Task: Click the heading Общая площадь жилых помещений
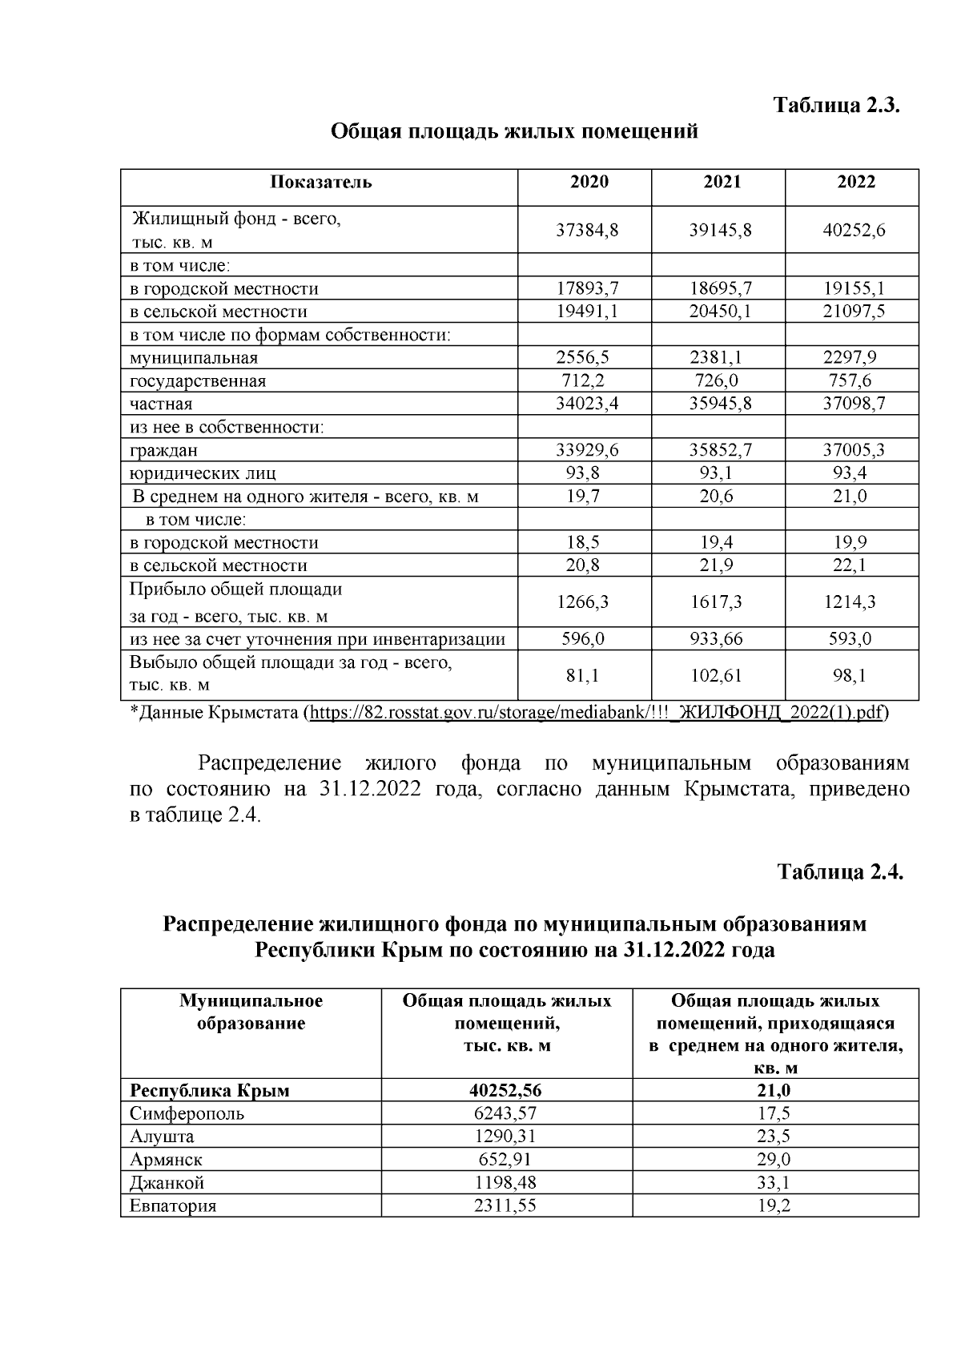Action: pos(515,131)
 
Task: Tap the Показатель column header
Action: pos(320,182)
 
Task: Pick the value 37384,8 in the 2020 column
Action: pos(587,231)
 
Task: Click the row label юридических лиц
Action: pos(203,473)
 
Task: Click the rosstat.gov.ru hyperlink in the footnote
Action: pos(596,712)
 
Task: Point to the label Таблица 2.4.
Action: pos(840,871)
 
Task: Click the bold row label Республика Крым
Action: pos(210,1090)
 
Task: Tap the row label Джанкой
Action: pos(167,1182)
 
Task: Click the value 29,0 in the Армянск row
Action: pos(774,1159)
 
